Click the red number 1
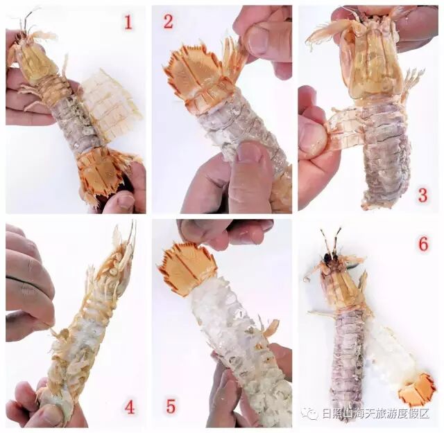128,22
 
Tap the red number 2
168,21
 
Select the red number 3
422,195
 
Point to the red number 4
130,407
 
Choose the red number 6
423,243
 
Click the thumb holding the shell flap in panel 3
312,133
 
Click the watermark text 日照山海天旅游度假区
376,414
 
